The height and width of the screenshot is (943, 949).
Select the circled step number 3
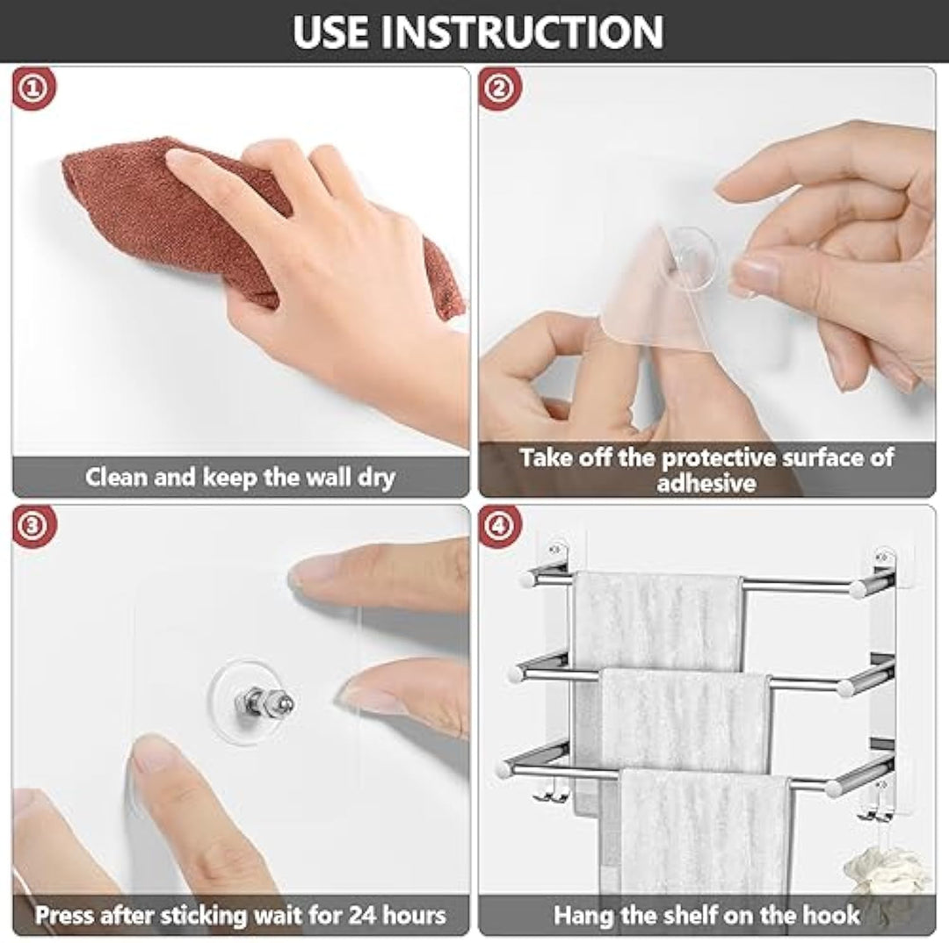[x=33, y=527]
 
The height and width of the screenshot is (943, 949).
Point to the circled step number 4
[x=500, y=527]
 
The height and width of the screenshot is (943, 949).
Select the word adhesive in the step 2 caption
[x=706, y=483]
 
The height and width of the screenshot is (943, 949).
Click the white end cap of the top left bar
[x=527, y=580]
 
